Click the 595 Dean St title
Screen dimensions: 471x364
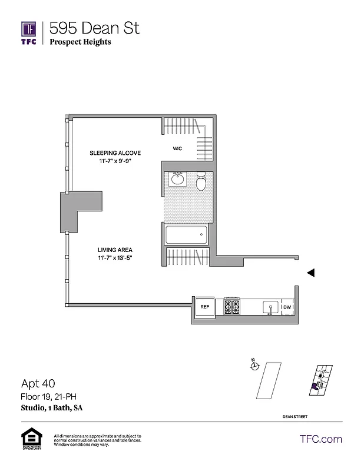(95, 28)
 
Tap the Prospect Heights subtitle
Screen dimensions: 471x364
(80, 42)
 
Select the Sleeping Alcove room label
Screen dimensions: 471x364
(115, 152)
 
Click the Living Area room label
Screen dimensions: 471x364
(114, 249)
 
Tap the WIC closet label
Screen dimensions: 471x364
(177, 149)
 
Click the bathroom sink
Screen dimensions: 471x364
(177, 180)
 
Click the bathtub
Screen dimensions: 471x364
(187, 235)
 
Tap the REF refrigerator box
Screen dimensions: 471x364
(205, 307)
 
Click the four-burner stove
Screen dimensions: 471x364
(231, 307)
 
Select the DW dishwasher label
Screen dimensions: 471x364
(287, 307)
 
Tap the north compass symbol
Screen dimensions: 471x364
(254, 366)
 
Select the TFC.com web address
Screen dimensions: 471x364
(320, 439)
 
